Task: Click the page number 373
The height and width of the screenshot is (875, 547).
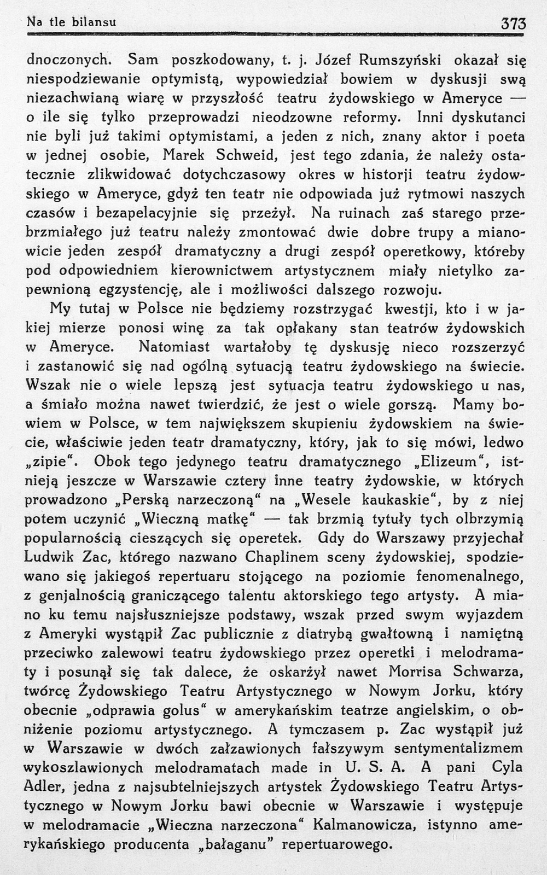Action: click(513, 24)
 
